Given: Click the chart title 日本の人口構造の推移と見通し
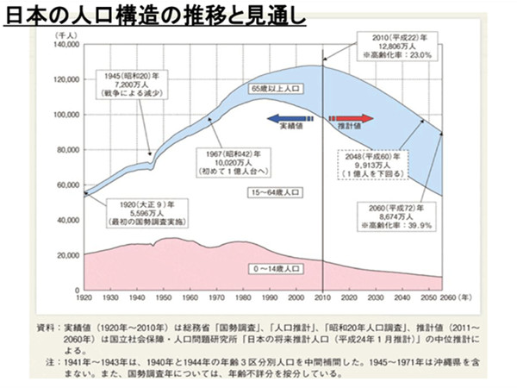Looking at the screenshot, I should coord(155,16).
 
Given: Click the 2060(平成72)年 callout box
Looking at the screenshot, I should coord(396,222).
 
